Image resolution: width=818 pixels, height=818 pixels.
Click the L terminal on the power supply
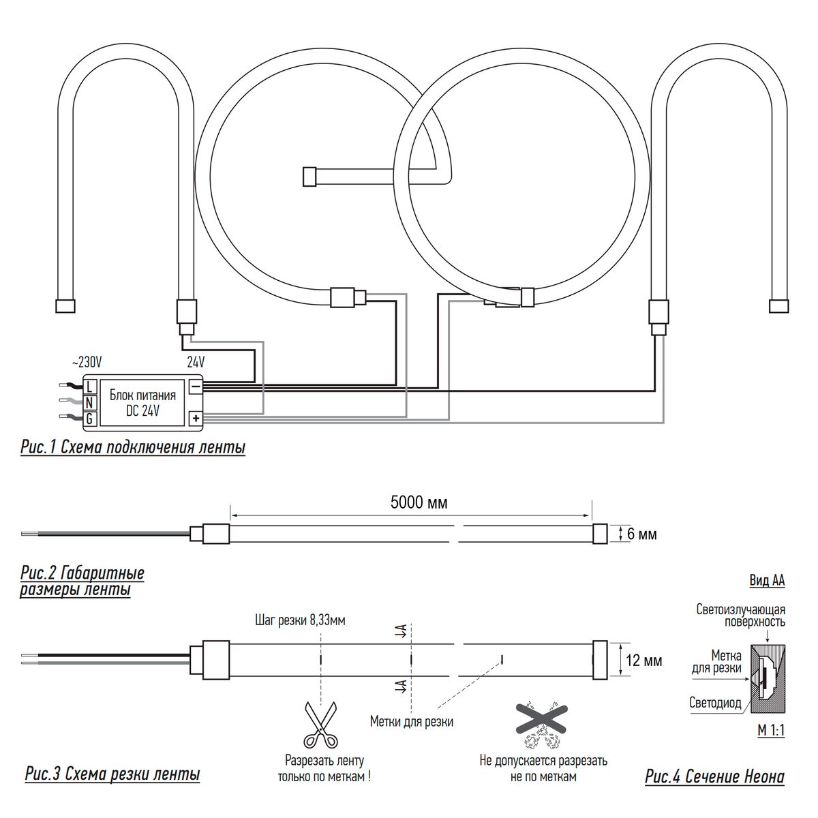click(x=89, y=387)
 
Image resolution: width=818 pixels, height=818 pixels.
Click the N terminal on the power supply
click(x=89, y=402)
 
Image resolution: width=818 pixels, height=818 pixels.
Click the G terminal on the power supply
click(x=89, y=419)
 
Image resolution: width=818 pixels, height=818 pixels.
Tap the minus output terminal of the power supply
click(x=196, y=387)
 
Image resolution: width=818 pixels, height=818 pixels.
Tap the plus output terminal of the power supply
click(x=196, y=419)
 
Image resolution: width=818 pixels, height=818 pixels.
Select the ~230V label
click(x=87, y=362)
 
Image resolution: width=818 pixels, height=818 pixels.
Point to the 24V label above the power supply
click(x=196, y=362)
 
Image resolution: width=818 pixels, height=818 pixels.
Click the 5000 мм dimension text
click(x=419, y=502)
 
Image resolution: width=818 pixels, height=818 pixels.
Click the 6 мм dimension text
click(x=642, y=534)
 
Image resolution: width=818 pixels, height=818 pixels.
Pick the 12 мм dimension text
click(x=644, y=661)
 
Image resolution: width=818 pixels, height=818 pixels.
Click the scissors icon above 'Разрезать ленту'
click(x=321, y=725)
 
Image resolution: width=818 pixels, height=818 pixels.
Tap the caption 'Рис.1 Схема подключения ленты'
click(x=133, y=448)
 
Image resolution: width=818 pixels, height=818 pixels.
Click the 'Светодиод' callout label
click(x=715, y=703)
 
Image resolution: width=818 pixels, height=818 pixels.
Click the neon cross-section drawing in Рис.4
click(x=768, y=679)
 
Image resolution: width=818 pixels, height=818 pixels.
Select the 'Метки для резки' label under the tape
click(x=411, y=722)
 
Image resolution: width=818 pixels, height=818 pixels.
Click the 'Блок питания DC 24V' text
click(x=142, y=403)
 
